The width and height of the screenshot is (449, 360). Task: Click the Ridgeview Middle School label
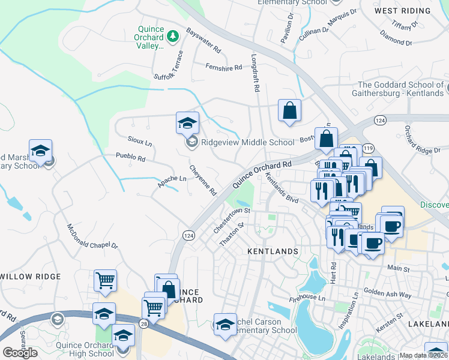pos(248,142)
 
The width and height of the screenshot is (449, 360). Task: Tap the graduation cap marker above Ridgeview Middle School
pos(187,124)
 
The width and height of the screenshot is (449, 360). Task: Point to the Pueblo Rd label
pos(131,158)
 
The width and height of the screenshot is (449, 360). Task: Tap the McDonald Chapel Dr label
pos(92,238)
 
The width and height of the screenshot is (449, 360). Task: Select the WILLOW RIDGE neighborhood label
pos(31,277)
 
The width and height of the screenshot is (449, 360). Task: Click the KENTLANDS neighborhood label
pos(273,251)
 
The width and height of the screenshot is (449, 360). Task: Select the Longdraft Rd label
pos(255,79)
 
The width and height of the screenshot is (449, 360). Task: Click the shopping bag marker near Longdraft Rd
pos(289,111)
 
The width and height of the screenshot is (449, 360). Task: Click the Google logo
pos(20,353)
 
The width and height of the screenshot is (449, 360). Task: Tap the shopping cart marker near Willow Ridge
pos(105,280)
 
